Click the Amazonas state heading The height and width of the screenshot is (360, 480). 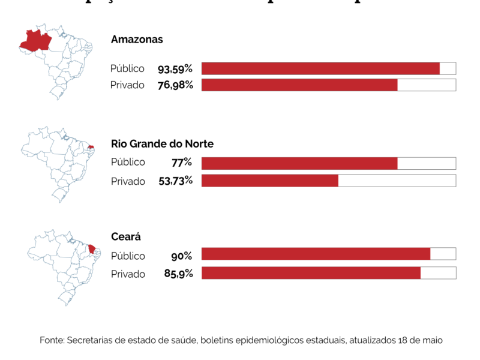coord(137,40)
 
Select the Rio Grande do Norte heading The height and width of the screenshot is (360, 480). coord(162,144)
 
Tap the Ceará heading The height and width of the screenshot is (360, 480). coord(125,237)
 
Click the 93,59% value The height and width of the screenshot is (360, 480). coord(175,68)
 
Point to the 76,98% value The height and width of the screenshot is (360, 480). coord(175,85)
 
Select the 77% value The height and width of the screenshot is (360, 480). coord(181,162)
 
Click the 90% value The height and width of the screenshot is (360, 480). coord(181,256)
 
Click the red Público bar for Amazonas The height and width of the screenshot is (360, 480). coord(320,68)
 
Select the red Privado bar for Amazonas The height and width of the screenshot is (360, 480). coord(299,85)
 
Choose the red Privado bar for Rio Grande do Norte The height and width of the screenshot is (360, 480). coord(270,181)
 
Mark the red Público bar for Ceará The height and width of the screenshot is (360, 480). coord(316,254)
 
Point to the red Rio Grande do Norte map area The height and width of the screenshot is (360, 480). coord(91,146)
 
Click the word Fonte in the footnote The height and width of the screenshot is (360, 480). coord(52,340)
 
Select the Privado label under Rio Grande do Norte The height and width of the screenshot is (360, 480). coord(128,181)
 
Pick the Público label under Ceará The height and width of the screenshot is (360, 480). coord(128,256)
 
